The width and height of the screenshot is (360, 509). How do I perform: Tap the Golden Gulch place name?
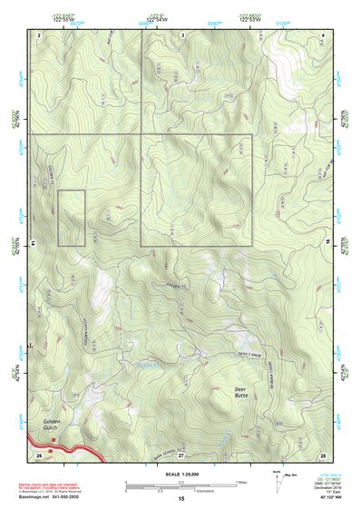coord(51,426)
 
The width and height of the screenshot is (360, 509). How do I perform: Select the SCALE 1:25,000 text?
coord(180,474)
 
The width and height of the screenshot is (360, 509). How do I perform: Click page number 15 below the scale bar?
coord(180,499)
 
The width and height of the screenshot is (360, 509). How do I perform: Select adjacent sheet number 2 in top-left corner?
coord(39,34)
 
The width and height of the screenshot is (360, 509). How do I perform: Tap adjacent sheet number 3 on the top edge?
coord(182,34)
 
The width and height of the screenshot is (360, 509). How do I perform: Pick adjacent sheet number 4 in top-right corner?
coord(324,34)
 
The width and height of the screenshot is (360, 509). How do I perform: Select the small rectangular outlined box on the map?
coord(71,218)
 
